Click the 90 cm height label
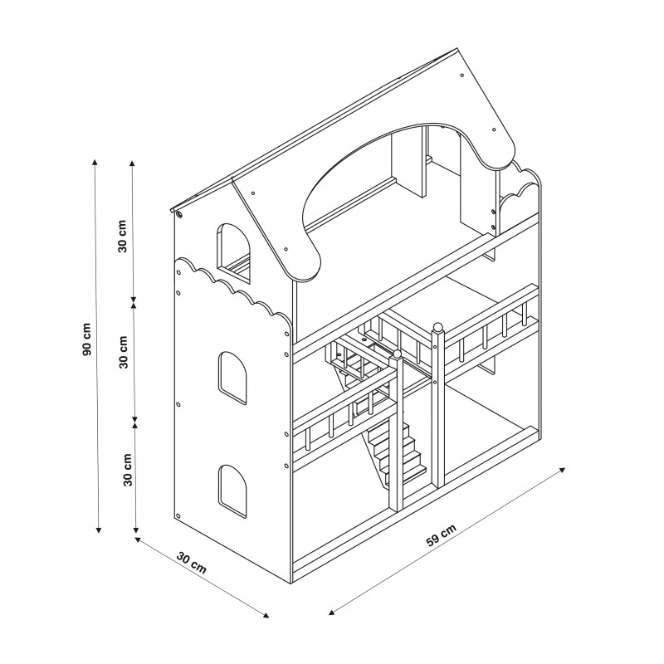(x=86, y=339)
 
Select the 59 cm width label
(x=442, y=535)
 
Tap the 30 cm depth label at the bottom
(x=192, y=563)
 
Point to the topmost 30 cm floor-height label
(x=122, y=236)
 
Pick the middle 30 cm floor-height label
(x=123, y=352)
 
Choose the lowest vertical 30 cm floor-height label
(x=128, y=470)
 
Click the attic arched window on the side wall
(x=233, y=253)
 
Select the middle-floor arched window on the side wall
(x=232, y=378)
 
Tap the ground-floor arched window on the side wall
(x=232, y=491)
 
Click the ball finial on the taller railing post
(x=438, y=327)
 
